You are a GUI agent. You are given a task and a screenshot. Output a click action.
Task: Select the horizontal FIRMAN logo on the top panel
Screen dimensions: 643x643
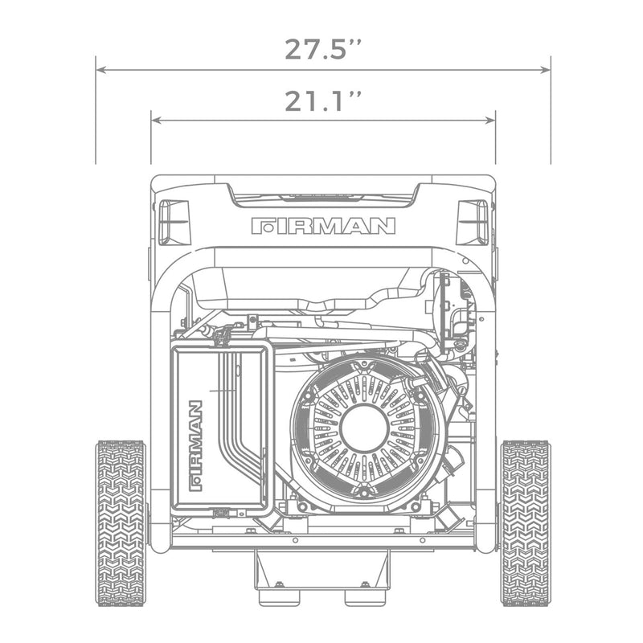click(323, 225)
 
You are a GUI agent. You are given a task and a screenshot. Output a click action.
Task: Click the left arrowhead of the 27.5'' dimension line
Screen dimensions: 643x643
click(100, 70)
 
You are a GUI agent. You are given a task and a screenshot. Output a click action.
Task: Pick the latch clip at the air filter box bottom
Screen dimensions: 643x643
click(218, 512)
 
